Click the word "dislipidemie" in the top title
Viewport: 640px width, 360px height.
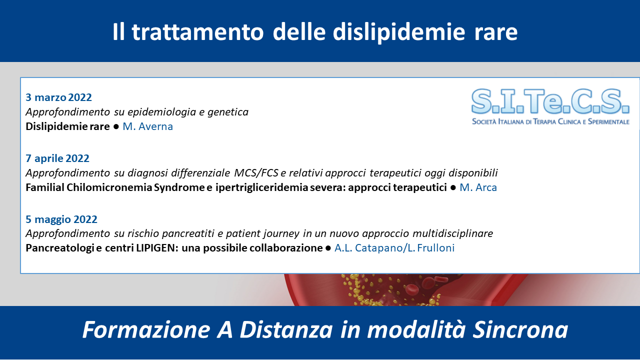[399, 32]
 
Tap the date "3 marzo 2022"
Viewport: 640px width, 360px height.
[58, 97]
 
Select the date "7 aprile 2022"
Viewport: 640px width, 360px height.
[57, 158]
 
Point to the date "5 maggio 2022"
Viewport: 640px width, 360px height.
[61, 219]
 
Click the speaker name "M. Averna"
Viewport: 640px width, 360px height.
[147, 126]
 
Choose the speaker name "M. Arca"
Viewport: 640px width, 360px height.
[478, 187]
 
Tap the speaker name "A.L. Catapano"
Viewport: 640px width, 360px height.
[368, 248]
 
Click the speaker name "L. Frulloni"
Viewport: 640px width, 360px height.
[431, 248]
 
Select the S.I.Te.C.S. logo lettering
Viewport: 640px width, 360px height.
[550, 101]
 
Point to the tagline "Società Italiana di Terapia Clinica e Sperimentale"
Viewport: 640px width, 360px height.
[550, 121]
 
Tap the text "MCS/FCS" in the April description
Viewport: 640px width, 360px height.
[256, 173]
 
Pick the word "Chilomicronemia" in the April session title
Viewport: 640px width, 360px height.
[109, 187]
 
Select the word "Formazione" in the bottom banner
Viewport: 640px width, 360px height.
[146, 329]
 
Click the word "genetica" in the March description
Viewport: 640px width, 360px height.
[228, 112]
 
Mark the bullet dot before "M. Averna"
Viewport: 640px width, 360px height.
[116, 126]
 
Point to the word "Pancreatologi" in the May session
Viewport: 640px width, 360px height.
[59, 248]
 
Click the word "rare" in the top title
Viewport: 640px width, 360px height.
[496, 32]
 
